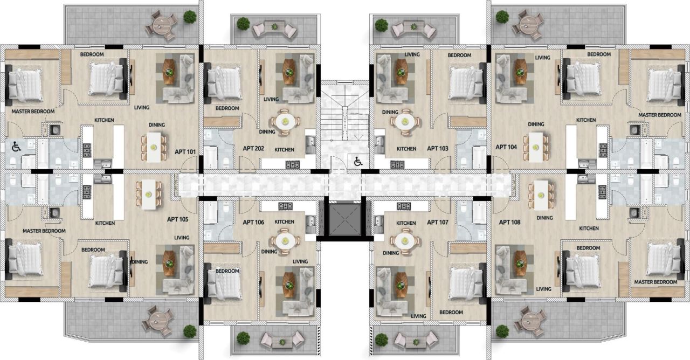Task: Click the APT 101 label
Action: tap(185, 151)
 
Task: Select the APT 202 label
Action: tap(252, 148)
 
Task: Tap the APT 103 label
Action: tap(437, 148)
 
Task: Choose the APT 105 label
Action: tap(177, 219)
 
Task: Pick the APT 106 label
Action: tap(253, 222)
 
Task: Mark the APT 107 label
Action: tap(437, 222)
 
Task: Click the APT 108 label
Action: tap(509, 222)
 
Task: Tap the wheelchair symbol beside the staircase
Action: tap(357, 161)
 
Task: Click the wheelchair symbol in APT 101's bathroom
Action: tap(16, 146)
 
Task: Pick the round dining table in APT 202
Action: tap(284, 121)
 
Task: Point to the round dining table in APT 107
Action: tap(405, 239)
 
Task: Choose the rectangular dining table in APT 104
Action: tap(536, 147)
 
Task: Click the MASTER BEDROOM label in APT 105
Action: tap(44, 231)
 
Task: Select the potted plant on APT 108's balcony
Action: tap(502, 331)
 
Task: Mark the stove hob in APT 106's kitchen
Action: tap(285, 206)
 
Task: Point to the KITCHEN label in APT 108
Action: tap(588, 229)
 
